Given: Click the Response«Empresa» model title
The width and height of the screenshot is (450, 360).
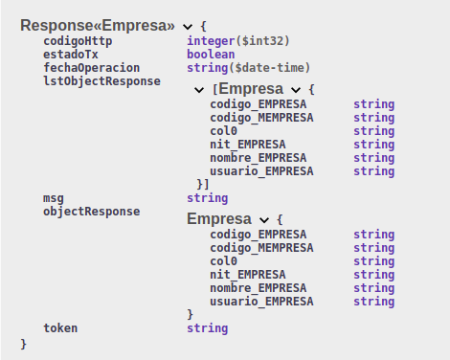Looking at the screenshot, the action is tap(98, 26).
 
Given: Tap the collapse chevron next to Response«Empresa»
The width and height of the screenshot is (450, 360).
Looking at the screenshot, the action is tap(188, 27).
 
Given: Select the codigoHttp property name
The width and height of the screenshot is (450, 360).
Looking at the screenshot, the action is tap(78, 41).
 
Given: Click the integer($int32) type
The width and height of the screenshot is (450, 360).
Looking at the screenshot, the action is tap(238, 41).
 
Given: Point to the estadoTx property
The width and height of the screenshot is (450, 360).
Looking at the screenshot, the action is tap(71, 55).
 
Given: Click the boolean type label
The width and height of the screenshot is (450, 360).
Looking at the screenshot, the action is tap(211, 55).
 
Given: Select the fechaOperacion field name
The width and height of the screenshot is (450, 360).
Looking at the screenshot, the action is tap(92, 68).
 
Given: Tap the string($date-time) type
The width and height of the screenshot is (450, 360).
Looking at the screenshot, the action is tap(248, 68).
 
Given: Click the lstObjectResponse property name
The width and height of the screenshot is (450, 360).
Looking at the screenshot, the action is tap(101, 81).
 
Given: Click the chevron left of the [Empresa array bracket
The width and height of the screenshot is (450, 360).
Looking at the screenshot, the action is tap(199, 90).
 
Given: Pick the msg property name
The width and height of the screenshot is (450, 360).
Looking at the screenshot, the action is tap(54, 198).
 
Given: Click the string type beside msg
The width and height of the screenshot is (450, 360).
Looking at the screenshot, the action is tap(208, 198).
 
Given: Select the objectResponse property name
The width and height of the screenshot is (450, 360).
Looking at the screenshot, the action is tap(92, 212).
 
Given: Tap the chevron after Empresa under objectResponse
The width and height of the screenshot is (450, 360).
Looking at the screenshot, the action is tap(264, 220).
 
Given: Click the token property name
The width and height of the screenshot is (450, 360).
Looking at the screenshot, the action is tap(60, 328).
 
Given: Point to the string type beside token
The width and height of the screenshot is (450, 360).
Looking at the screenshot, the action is tap(208, 328).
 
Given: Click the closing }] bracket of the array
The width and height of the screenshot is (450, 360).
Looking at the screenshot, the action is tap(203, 185).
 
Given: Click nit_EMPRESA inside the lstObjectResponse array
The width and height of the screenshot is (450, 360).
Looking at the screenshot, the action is tap(248, 145).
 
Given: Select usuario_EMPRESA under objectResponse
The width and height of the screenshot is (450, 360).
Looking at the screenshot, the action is tap(261, 302).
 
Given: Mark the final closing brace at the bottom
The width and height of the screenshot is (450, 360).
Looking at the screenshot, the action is tap(23, 344).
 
